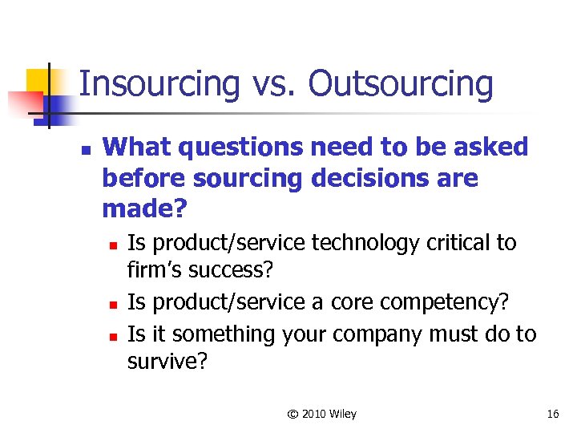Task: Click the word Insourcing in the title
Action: (159, 84)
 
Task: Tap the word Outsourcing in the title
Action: (400, 84)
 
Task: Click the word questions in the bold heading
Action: (242, 148)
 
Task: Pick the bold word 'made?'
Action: (144, 209)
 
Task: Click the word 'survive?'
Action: (167, 362)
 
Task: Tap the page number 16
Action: (552, 414)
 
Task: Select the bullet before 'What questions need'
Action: (85, 150)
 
